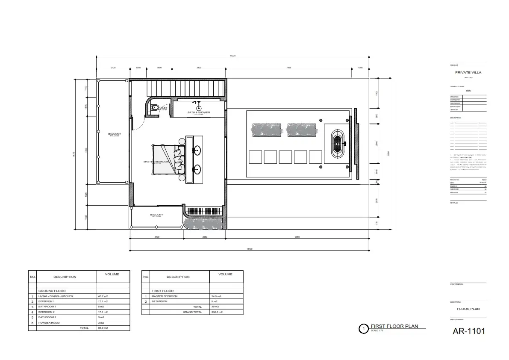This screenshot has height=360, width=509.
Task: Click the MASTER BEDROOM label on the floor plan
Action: (x=156, y=162)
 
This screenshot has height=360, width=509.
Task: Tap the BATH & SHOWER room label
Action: (x=199, y=112)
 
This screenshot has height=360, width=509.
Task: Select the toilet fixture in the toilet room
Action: (x=155, y=107)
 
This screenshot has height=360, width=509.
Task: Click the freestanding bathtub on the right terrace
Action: (x=338, y=145)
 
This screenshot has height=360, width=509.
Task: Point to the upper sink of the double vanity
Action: (x=197, y=150)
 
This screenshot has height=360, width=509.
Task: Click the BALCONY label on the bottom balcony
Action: (x=156, y=215)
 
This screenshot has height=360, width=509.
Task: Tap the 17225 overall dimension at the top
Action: (x=232, y=56)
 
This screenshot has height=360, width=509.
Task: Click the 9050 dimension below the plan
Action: (x=297, y=237)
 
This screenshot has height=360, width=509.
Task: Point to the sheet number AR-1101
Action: (x=469, y=331)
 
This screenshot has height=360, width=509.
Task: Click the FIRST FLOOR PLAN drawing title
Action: (x=394, y=326)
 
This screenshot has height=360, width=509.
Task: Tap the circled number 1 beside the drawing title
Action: (x=363, y=329)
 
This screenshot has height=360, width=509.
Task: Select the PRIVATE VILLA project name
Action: (x=468, y=73)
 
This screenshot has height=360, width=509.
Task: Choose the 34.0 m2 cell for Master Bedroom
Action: (x=216, y=296)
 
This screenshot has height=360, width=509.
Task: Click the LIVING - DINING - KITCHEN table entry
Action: (x=56, y=296)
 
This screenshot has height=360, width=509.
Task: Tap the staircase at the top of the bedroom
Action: (x=185, y=89)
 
